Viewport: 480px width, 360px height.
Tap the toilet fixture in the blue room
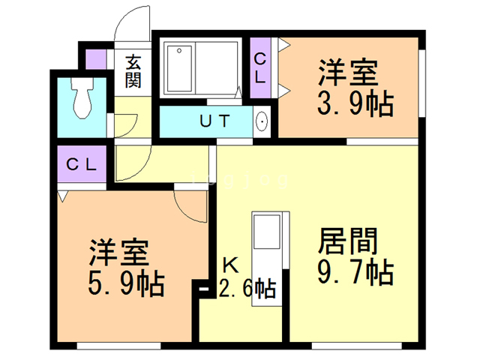coord(82,98)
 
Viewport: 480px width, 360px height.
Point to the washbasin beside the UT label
coord(262,121)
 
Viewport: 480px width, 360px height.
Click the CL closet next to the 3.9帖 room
coord(259,67)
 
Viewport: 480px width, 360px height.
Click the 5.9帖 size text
coord(127,284)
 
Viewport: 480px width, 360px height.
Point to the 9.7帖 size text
coord(355,271)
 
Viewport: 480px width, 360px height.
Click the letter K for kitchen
coord(229,264)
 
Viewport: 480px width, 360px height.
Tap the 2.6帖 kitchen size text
coord(247,287)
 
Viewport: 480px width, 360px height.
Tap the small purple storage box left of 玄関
coord(95,59)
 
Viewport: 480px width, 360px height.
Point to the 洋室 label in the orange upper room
coord(347,73)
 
